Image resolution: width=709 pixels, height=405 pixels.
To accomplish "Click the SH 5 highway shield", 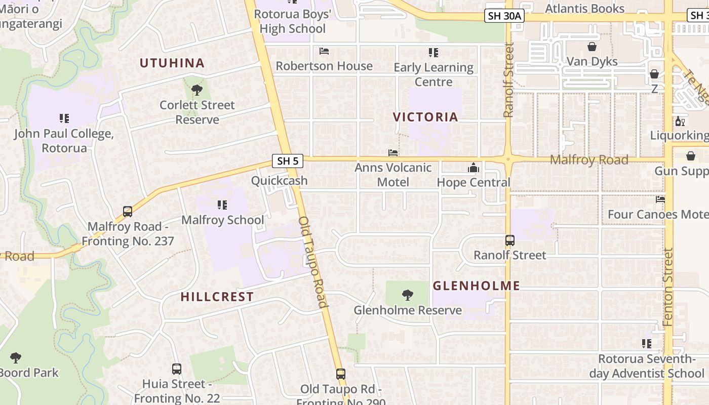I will coord(288,161).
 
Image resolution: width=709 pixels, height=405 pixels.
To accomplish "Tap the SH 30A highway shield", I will coord(504,16).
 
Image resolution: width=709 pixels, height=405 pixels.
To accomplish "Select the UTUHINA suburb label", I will coord(172,63).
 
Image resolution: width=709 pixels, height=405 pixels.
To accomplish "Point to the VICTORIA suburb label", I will coord(425,117).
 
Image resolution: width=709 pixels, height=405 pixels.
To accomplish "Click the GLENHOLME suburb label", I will coord(477,286).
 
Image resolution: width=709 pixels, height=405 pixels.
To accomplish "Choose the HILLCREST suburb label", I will coord(217,297).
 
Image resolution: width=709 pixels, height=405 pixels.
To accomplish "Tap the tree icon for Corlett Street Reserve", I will coord(197,91).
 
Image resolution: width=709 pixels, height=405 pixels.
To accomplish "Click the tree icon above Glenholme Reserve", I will coord(407,295).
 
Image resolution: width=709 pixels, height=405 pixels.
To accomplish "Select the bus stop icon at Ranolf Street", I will coord(510,240).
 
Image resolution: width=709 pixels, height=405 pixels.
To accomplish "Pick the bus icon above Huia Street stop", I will coord(176,369).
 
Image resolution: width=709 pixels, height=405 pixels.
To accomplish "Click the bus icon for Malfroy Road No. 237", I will coord(128,212).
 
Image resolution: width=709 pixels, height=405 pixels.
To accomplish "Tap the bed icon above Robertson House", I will coord(324,51).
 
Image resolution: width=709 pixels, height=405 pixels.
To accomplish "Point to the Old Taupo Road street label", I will coord(313,262).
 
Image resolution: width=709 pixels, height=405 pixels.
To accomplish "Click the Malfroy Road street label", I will coord(589,160).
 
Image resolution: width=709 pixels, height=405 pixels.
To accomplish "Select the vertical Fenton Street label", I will coord(667,287).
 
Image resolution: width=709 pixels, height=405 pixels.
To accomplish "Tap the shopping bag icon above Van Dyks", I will coord(592,47).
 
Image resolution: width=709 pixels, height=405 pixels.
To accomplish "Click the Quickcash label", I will coord(279,181).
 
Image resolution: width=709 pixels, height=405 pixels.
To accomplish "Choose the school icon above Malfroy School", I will coord(222,205).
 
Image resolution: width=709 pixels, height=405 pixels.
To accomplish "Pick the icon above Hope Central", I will coord(474,168).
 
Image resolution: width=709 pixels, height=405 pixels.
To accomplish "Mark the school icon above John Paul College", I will coord(64,118).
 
